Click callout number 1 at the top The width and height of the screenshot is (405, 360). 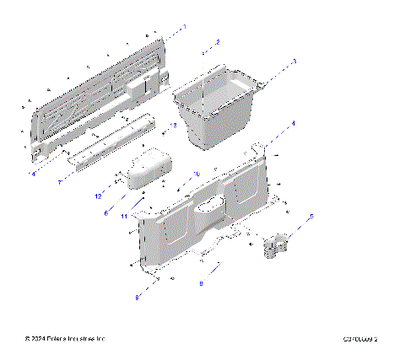pyautogui.click(x=185, y=27)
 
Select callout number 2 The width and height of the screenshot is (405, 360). pyautogui.click(x=217, y=41)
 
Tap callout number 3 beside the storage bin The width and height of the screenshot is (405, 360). pyautogui.click(x=294, y=62)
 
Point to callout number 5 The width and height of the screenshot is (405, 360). pyautogui.click(x=310, y=217)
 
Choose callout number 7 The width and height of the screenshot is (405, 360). pyautogui.click(x=60, y=181)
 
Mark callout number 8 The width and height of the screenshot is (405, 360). pyautogui.click(x=137, y=298)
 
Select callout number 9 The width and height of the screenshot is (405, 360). pyautogui.click(x=200, y=284)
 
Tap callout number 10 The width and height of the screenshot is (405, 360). pyautogui.click(x=197, y=174)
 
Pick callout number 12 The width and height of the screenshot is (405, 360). pyautogui.click(x=98, y=196)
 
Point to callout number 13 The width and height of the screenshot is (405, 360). pyautogui.click(x=173, y=124)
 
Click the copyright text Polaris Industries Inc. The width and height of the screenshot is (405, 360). pyautogui.click(x=66, y=339)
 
